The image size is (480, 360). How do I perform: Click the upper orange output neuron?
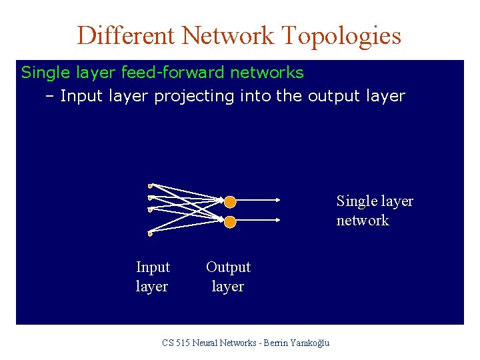[x=229, y=201]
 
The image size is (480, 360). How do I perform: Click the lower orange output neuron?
[x=229, y=221]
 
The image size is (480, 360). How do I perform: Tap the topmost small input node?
[x=151, y=185]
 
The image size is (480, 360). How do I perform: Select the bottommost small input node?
[x=151, y=234]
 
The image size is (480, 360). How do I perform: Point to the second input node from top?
[x=151, y=197]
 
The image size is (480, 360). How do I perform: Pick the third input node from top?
[x=151, y=209]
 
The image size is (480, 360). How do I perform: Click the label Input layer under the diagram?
[x=153, y=277]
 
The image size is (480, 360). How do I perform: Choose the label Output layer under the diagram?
[x=228, y=277]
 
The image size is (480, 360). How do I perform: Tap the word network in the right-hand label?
[x=363, y=221]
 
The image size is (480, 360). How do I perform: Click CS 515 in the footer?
[x=176, y=343]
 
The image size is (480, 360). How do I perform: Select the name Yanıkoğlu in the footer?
[x=307, y=343]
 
